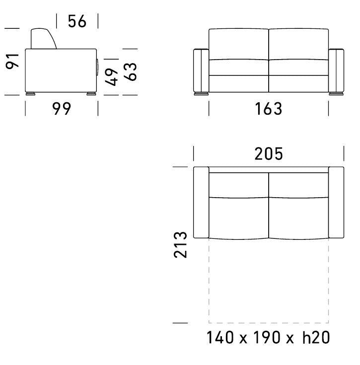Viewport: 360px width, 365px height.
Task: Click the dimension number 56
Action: (77, 21)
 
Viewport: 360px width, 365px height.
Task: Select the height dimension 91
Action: (12, 61)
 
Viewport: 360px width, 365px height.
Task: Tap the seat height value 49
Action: (111, 77)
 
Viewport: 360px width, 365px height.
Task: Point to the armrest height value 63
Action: (130, 72)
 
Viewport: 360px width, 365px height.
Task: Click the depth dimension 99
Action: (62, 108)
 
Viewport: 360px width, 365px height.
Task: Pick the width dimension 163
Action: (269, 109)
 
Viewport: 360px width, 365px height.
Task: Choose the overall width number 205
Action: (269, 154)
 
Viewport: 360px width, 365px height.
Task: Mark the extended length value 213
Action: (180, 245)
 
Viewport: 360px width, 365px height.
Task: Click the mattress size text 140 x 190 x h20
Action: (268, 337)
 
